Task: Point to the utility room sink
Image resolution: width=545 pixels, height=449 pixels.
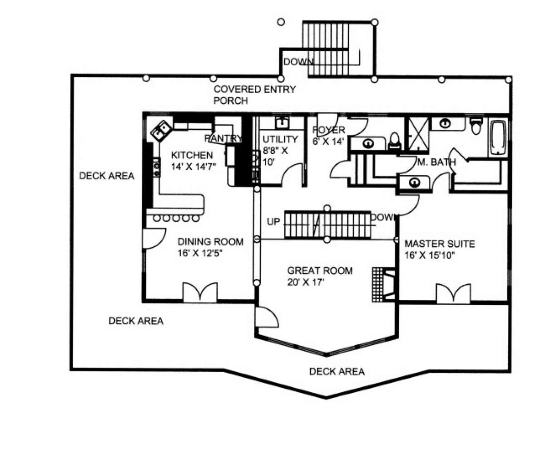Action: coord(282,123)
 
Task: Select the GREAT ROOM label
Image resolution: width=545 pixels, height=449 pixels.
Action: coord(320,271)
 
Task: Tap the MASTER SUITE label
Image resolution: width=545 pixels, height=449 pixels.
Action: coord(439,244)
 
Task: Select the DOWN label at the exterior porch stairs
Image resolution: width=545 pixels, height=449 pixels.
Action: coord(298,62)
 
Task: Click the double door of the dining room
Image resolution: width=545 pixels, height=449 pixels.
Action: coord(200,293)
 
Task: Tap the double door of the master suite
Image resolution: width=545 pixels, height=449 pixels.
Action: coord(453,293)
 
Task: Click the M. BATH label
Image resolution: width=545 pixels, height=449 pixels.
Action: coord(436,162)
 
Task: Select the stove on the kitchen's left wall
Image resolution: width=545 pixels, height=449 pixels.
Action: coord(157,167)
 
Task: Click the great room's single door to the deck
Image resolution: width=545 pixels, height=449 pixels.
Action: coord(266,316)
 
